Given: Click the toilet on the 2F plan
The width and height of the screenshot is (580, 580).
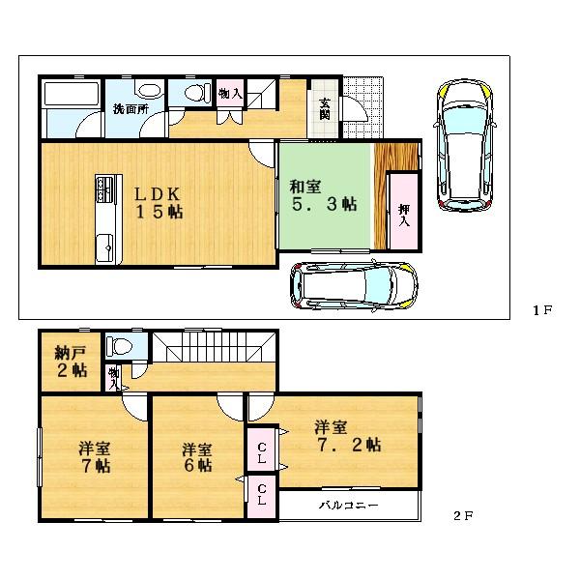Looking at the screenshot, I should coord(121,346).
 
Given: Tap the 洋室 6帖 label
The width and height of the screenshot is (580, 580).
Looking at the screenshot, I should coord(198,457).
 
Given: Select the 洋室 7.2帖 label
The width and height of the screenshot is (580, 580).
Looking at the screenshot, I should coord(347,436).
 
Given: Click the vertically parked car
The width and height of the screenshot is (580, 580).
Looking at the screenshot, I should coord(464,145).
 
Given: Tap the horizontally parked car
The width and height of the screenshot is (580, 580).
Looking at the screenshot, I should coord(355,284).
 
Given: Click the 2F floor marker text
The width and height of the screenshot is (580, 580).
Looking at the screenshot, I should coord(463,516).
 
